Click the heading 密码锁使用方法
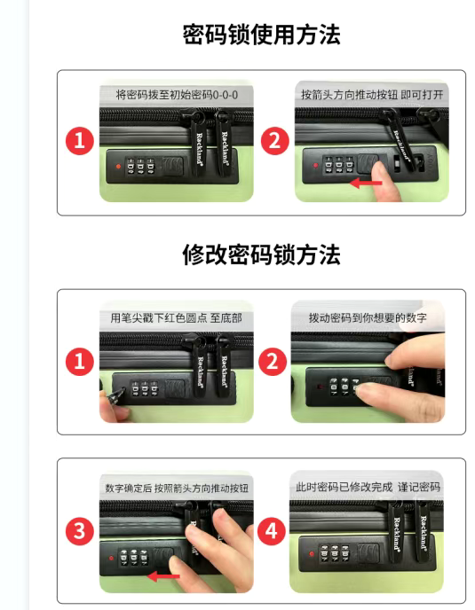[x=261, y=35]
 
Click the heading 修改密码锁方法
[x=261, y=254]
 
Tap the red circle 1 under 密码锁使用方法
[x=80, y=140]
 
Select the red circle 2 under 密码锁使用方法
[x=274, y=140]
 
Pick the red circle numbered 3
[x=80, y=531]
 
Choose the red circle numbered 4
[x=271, y=531]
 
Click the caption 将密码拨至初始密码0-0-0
[x=177, y=95]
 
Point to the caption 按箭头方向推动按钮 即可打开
[x=372, y=95]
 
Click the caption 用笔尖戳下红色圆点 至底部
[x=176, y=317]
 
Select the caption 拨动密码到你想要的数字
[x=368, y=317]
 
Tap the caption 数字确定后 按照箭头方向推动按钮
[x=177, y=488]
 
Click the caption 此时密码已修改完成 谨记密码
[x=368, y=487]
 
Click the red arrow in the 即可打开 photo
[x=366, y=183]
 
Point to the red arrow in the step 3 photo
[x=163, y=576]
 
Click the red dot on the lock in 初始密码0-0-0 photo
[x=118, y=167]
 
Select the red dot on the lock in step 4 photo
[x=312, y=553]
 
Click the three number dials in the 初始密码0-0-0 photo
[x=140, y=166]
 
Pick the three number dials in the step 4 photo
[x=335, y=554]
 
